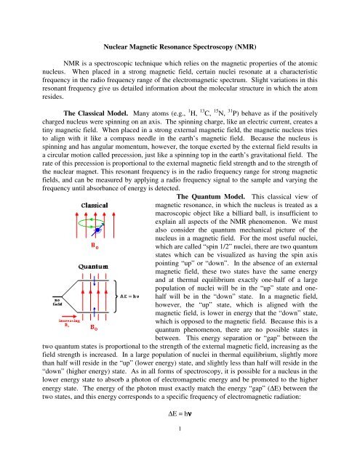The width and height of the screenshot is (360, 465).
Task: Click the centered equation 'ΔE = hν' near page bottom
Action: pyautogui.click(x=180, y=434)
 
